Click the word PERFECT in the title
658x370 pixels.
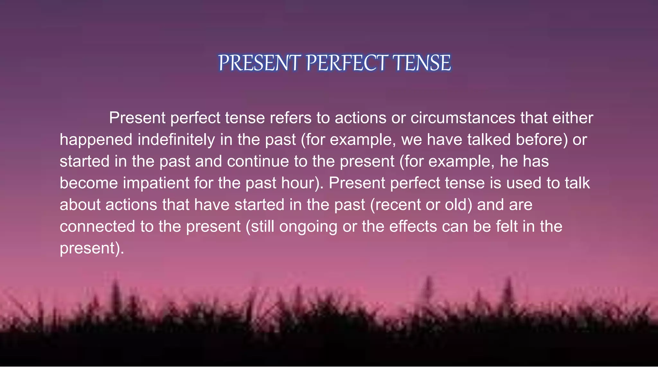click(x=347, y=63)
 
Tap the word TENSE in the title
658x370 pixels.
click(x=422, y=63)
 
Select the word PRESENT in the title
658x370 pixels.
click(x=259, y=63)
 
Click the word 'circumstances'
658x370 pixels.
click(x=463, y=118)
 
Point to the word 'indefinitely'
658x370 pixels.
click(x=176, y=140)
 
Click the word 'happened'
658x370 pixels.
click(x=96, y=140)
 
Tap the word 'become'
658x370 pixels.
click(x=89, y=183)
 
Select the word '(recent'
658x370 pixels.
click(x=396, y=205)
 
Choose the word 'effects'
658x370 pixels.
click(x=413, y=226)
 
